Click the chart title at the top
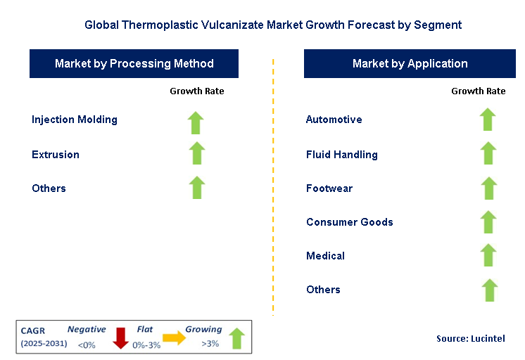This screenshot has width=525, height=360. pos(273,25)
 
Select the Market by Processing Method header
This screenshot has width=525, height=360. pos(134,63)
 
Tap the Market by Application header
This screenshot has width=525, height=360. pos(410,63)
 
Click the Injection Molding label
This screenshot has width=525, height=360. pos(75,120)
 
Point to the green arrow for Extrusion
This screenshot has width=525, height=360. pos(196,153)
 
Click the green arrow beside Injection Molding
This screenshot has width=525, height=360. pos(196,122)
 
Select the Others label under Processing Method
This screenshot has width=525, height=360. pos(49,188)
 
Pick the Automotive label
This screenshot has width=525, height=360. pos(334,120)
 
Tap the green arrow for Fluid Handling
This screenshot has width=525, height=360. pos(488,153)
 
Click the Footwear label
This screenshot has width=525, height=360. pos(329,188)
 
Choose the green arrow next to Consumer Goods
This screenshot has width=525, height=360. pos(488,221)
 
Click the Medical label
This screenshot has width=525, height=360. pos(325,256)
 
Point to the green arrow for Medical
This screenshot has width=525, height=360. pos(488,255)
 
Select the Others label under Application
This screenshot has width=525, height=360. pos(323,290)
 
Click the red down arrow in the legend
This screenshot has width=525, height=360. pos(120,337)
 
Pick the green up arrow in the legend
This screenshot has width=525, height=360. pos(237,337)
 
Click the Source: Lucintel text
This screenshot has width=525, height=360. pos(471,339)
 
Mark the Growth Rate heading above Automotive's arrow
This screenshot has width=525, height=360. pos(478,91)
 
